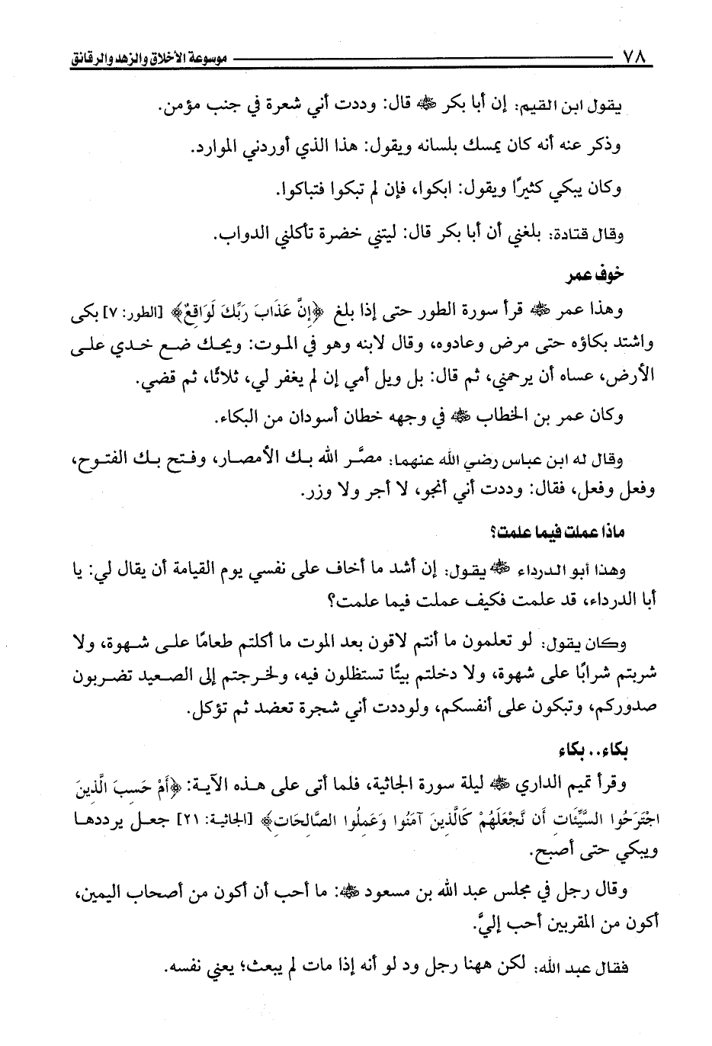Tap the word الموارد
(216, 149)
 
